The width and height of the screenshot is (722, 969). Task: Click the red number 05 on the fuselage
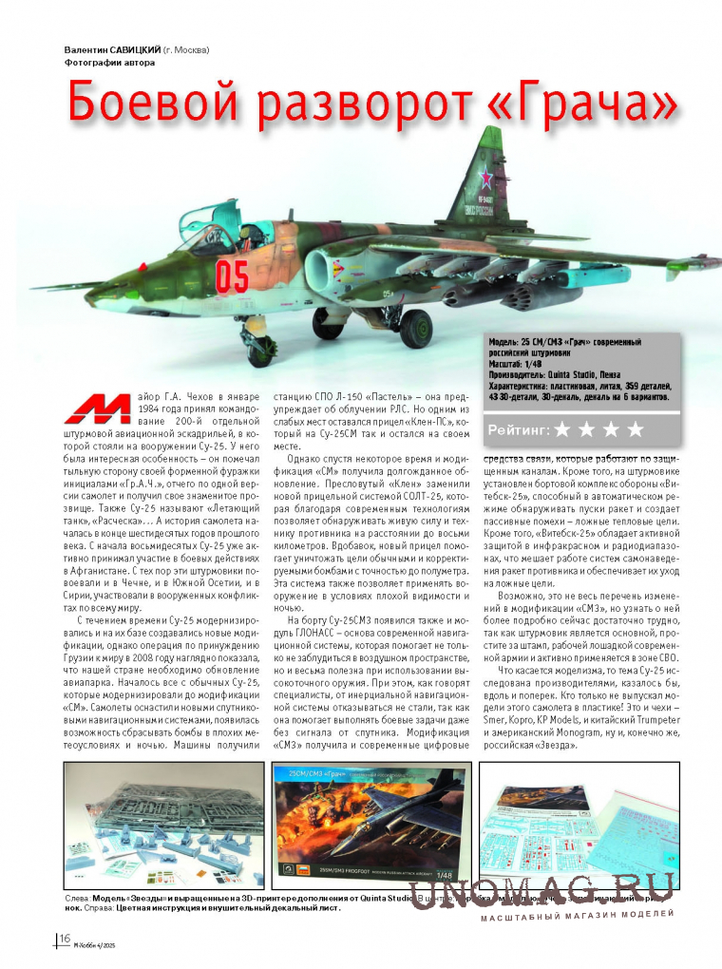232,275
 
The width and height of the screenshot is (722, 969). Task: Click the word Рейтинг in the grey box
519,431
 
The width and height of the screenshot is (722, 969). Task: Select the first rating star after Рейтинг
563,430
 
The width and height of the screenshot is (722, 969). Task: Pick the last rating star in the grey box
636,430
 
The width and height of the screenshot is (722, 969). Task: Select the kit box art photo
372,823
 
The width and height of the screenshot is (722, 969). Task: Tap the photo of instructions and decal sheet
572,823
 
